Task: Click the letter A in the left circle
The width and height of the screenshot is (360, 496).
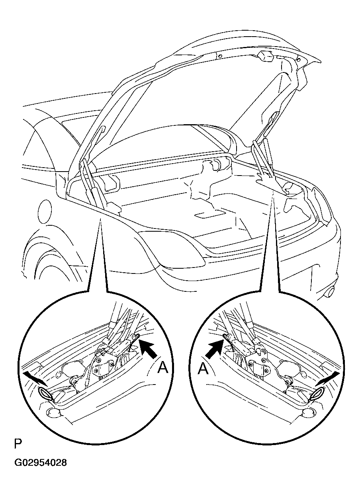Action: click(162, 368)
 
